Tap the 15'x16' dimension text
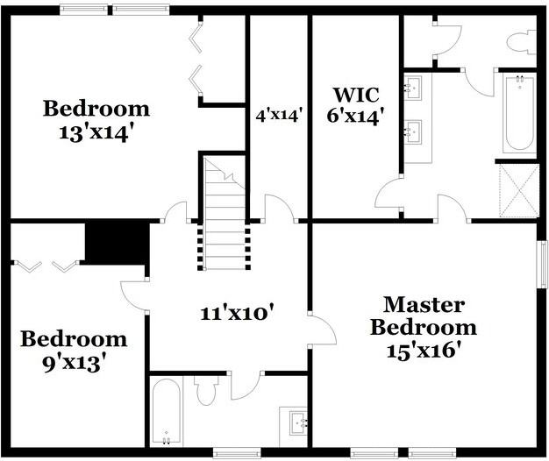click(x=424, y=350)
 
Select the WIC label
click(x=355, y=94)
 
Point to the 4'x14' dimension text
click(x=279, y=115)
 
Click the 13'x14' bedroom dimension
click(x=96, y=134)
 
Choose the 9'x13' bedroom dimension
click(x=74, y=361)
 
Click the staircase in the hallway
click(x=225, y=210)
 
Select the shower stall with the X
click(x=517, y=189)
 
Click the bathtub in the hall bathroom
click(x=166, y=412)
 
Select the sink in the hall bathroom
click(x=295, y=422)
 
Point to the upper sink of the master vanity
click(x=414, y=86)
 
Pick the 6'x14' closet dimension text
click(x=355, y=116)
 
